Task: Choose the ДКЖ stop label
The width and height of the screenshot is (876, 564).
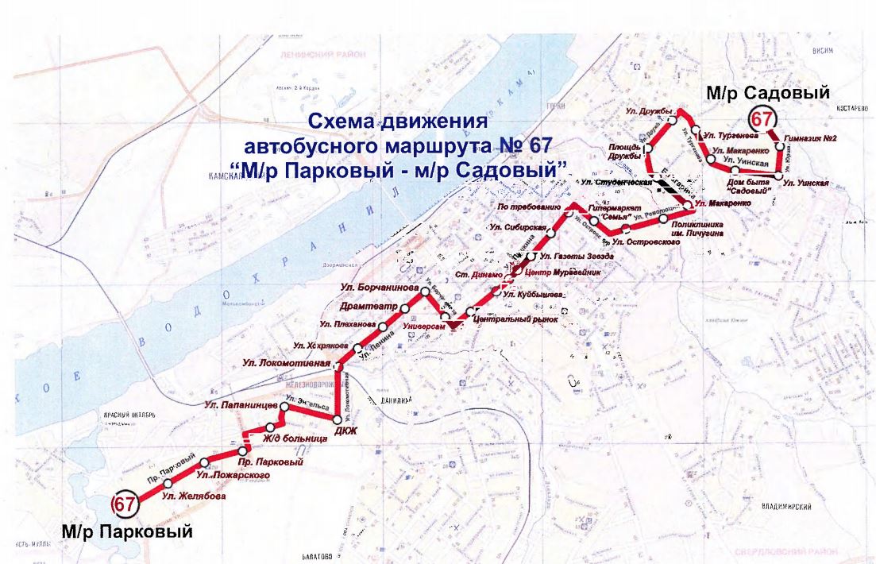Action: click(346, 431)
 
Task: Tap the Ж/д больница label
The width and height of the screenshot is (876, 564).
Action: click(295, 438)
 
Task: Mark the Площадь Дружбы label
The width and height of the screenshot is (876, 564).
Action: click(625, 151)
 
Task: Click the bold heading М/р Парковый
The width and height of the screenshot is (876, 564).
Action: click(127, 531)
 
